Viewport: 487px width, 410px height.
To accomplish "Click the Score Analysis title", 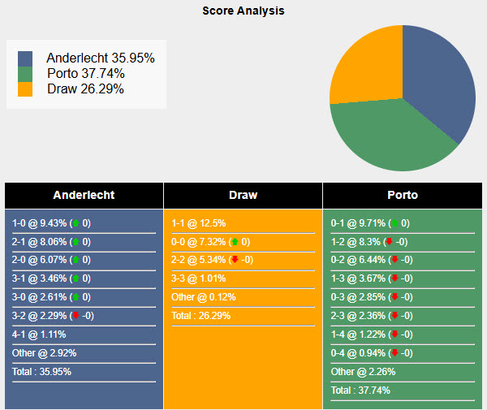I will click(x=243, y=11).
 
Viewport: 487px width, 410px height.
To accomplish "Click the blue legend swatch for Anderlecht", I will click(x=25, y=58).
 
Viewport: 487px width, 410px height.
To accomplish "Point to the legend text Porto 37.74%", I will click(x=85, y=74).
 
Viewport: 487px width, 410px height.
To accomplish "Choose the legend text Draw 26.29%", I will click(x=85, y=88).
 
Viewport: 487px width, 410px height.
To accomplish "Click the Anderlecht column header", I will click(x=84, y=195).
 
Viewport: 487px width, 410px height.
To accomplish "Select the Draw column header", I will click(x=243, y=195).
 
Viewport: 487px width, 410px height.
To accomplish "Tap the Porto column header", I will click(x=403, y=195).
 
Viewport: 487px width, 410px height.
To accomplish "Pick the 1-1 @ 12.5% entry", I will click(x=199, y=223).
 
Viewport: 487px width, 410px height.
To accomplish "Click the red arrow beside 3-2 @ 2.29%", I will click(x=76, y=316).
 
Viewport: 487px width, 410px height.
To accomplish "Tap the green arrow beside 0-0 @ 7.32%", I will click(x=235, y=242).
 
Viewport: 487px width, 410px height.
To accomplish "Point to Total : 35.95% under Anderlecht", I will click(x=41, y=371).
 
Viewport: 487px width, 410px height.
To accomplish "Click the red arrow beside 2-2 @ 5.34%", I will click(x=235, y=261).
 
